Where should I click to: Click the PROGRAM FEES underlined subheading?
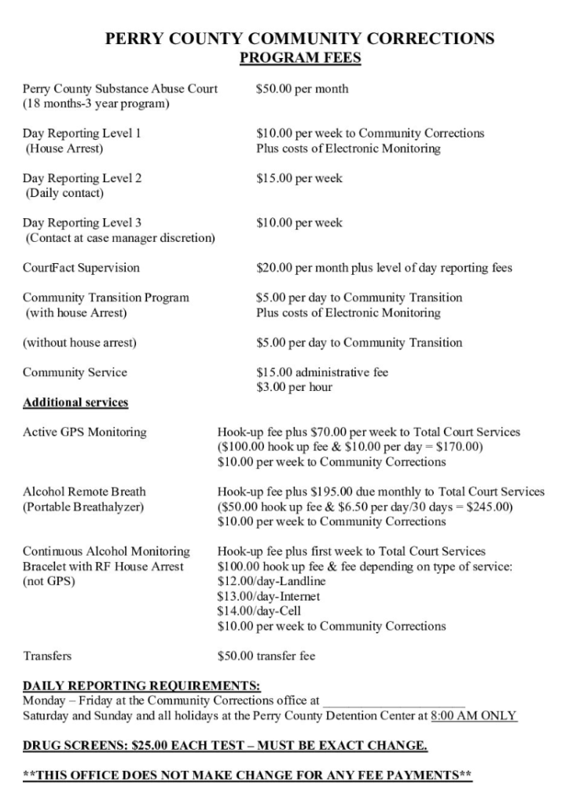click(299, 58)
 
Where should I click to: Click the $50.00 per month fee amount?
click(302, 89)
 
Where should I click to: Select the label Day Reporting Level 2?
click(82, 178)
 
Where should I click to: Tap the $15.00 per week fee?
click(299, 178)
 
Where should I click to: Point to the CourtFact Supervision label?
click(81, 268)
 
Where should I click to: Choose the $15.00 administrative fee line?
click(322, 372)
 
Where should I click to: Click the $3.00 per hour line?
click(294, 387)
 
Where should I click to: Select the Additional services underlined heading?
click(75, 403)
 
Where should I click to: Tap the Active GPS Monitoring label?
click(84, 432)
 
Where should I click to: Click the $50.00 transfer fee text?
click(266, 656)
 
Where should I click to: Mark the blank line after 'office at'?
click(394, 700)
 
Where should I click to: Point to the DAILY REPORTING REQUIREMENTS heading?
click(141, 685)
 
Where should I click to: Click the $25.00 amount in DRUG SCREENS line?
click(154, 745)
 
